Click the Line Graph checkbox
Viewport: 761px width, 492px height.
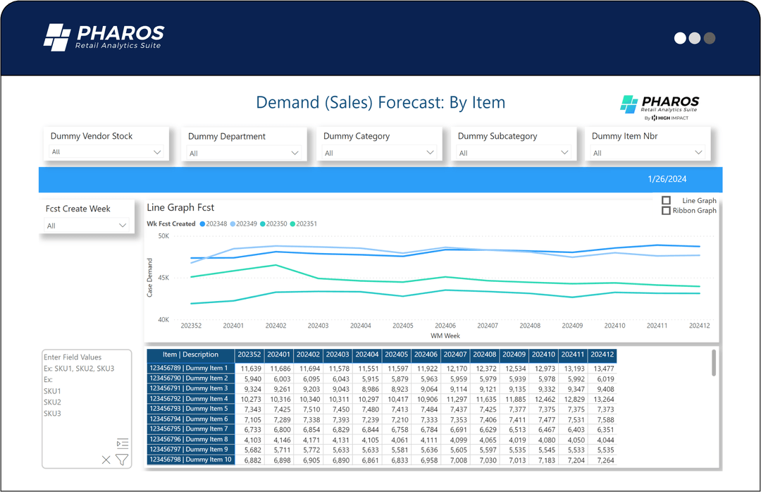[x=666, y=201]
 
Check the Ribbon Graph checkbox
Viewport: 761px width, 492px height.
[x=666, y=211]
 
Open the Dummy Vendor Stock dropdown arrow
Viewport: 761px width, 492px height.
[x=157, y=152]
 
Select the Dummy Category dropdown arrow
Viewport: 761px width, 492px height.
[x=430, y=152]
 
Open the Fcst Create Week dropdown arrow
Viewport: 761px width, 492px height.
[x=123, y=226]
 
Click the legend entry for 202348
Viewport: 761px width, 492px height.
[x=214, y=223]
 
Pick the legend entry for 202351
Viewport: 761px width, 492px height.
[x=303, y=223]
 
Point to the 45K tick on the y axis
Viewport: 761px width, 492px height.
[x=163, y=278]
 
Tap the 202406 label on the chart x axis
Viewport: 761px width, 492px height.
[x=445, y=326]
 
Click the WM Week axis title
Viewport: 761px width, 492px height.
[x=445, y=336]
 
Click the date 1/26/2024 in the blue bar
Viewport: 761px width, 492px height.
[x=667, y=180]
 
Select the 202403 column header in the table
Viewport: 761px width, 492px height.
[x=338, y=355]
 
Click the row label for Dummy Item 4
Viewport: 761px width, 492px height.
[x=190, y=399]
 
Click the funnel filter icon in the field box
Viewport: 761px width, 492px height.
[x=122, y=460]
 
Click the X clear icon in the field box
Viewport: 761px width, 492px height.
[x=106, y=460]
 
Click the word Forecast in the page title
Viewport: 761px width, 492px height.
[x=412, y=102]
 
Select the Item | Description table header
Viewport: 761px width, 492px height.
[x=190, y=355]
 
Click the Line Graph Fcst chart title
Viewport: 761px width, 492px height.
[x=180, y=207]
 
